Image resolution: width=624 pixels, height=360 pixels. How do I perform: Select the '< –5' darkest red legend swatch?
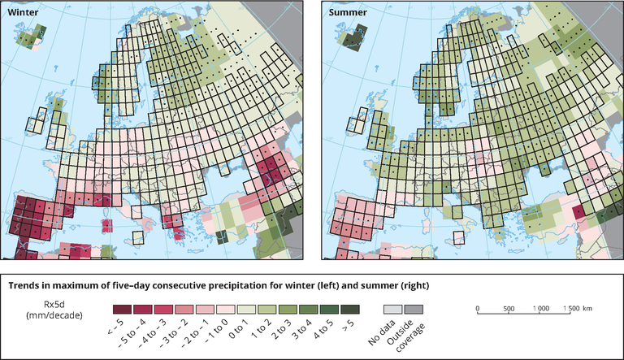[x=121, y=310]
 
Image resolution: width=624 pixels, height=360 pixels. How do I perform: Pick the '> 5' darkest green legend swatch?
[x=352, y=310]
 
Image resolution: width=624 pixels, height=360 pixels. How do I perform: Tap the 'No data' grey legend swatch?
[x=393, y=310]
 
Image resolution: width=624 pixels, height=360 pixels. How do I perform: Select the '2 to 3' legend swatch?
[x=288, y=310]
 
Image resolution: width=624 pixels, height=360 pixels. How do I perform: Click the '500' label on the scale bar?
[x=508, y=309]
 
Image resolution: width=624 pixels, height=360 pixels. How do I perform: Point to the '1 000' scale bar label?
[x=539, y=309]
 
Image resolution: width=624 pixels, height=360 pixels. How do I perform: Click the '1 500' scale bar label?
[x=570, y=309]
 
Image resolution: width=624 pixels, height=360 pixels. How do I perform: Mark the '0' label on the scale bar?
[x=478, y=309]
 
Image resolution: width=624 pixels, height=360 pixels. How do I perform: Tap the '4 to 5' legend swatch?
[x=331, y=310]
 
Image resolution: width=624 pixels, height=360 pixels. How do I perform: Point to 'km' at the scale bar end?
[x=587, y=309]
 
